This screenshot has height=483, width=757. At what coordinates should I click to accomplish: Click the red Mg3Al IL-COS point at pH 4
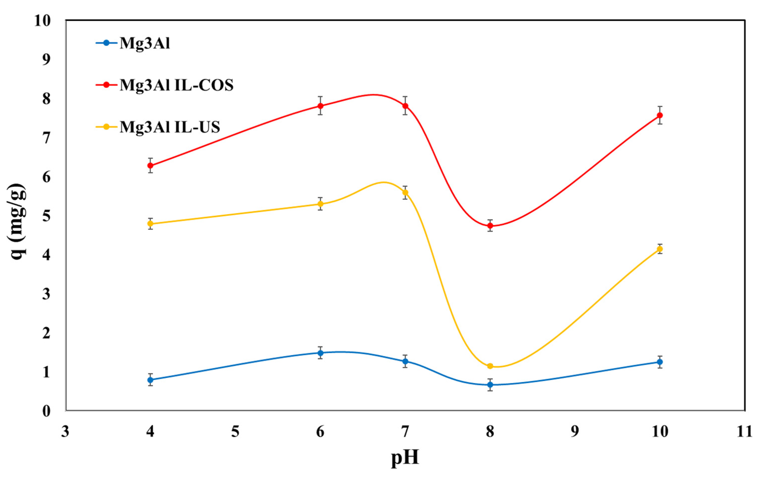click(150, 166)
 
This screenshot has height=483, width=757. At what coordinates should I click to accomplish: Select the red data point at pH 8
click(490, 225)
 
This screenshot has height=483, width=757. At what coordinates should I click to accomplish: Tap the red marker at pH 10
click(660, 115)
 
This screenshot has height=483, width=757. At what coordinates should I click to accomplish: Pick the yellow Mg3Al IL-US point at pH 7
click(405, 193)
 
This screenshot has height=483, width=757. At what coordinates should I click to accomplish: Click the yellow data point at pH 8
click(490, 366)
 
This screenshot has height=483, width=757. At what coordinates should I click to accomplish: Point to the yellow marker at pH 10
click(660, 249)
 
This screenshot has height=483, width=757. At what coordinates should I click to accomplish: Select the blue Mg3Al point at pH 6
click(320, 353)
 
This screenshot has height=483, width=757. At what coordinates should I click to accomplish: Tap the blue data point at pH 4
click(150, 380)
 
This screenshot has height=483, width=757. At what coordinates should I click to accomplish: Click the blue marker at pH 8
click(490, 385)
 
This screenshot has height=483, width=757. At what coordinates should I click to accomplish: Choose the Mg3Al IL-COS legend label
click(177, 85)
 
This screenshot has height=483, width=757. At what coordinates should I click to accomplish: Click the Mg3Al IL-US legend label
click(170, 127)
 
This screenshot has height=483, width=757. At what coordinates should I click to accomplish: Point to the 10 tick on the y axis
click(42, 21)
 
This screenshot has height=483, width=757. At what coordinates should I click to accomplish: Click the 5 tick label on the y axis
click(46, 216)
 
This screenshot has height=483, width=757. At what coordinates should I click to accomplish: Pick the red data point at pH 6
click(320, 106)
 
